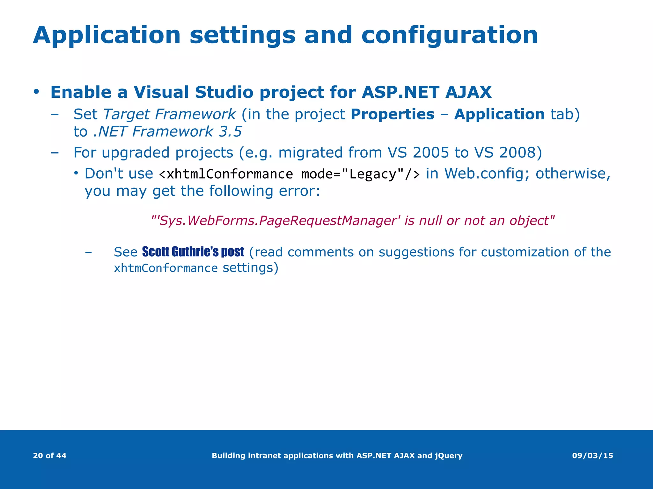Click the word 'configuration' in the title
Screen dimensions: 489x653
click(x=450, y=36)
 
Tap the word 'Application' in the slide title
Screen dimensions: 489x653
click(x=107, y=36)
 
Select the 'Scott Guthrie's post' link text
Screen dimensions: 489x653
click(x=193, y=252)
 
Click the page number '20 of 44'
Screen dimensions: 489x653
click(x=50, y=456)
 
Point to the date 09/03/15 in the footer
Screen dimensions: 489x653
click(x=592, y=456)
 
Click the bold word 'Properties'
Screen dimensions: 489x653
click(x=392, y=114)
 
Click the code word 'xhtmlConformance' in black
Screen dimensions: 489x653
click(x=230, y=174)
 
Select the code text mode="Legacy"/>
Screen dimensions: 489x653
click(x=360, y=174)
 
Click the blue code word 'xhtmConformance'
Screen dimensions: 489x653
click(x=166, y=268)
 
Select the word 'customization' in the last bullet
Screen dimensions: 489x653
click(x=525, y=252)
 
